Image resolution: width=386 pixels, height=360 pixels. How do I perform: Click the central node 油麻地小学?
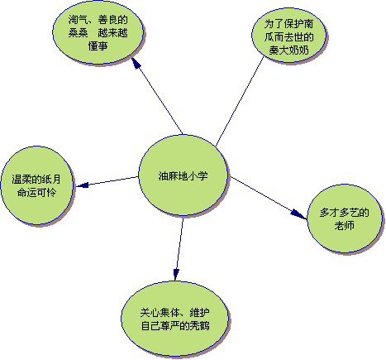183,175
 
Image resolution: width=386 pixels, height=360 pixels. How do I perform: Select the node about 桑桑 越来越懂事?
98,32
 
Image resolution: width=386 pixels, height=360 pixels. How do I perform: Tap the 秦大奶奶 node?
288,36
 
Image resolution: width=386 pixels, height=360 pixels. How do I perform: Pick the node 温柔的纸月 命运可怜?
37,185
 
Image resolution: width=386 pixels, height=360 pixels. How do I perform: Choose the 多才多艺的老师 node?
345,218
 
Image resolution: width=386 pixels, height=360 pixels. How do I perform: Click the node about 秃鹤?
175,319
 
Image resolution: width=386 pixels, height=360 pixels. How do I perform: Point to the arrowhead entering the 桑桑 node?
136,63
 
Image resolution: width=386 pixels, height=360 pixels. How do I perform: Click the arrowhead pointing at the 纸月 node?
82,185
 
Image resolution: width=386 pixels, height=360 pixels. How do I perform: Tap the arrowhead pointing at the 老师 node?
299,214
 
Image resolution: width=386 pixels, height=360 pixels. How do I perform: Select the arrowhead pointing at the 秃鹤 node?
176,275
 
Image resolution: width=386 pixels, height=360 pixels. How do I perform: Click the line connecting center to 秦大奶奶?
240,102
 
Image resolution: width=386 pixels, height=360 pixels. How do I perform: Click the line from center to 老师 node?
269,198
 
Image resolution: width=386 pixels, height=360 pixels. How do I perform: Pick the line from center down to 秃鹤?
179,249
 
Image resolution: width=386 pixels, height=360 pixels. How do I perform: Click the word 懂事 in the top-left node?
98,46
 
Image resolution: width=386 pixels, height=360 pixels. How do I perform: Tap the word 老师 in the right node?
345,225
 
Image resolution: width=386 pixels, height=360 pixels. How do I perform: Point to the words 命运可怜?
36,192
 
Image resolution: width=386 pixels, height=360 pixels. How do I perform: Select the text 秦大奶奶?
288,50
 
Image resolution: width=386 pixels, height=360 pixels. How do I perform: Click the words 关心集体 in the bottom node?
160,313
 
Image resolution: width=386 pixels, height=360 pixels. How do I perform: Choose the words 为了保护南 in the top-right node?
288,24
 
